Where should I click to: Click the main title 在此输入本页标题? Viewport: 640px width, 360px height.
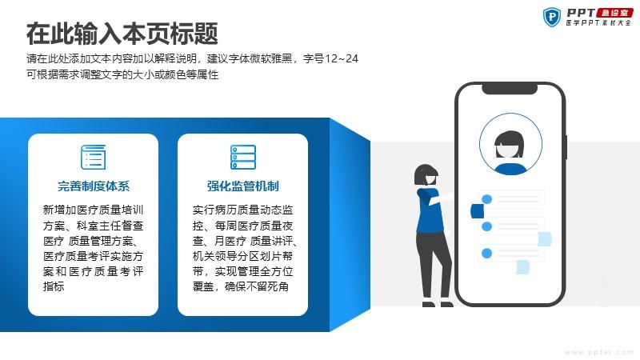click(x=122, y=34)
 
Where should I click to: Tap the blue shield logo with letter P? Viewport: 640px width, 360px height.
click(x=552, y=17)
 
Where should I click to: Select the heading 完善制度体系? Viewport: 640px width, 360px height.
click(x=94, y=186)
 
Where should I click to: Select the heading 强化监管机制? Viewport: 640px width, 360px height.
click(x=243, y=186)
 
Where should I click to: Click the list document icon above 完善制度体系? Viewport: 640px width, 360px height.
click(x=93, y=157)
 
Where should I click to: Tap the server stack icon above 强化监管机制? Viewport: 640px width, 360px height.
click(x=243, y=157)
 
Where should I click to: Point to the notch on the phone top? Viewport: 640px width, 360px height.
click(x=510, y=89)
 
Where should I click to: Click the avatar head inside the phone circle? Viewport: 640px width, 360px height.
click(x=509, y=145)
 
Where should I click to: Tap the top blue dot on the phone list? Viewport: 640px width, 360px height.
click(x=486, y=199)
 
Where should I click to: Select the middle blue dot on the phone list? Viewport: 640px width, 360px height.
click(x=486, y=226)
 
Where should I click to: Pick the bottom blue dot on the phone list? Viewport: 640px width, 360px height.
click(x=486, y=254)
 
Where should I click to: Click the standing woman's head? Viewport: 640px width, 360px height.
click(x=426, y=175)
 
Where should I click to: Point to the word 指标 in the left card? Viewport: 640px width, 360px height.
click(x=54, y=286)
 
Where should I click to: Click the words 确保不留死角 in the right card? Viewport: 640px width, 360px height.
click(x=257, y=286)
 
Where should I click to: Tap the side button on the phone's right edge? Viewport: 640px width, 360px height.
click(x=566, y=147)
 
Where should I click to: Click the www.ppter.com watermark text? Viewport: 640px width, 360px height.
click(x=598, y=352)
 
